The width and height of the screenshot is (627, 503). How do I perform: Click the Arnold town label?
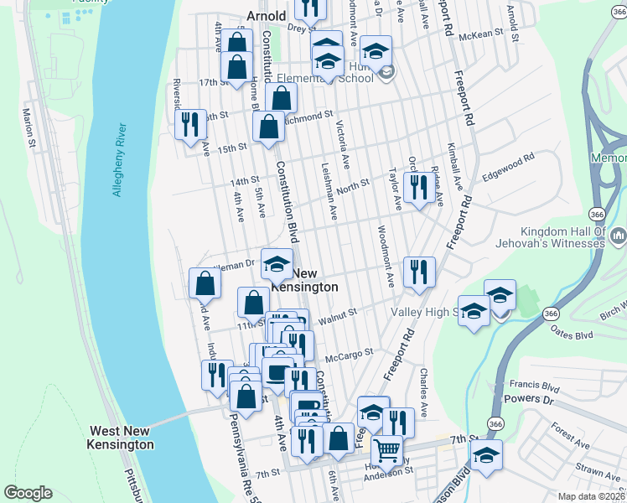(x=267, y=16)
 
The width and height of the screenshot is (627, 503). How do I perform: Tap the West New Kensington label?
(x=122, y=438)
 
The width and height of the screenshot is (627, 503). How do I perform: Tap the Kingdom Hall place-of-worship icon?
(x=619, y=236)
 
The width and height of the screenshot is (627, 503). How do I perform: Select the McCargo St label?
(x=348, y=355)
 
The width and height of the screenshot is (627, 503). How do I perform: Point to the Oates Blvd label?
(x=573, y=334)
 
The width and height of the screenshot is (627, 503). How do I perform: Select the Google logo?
(x=28, y=493)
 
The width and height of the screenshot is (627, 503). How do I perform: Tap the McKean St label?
(x=486, y=35)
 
